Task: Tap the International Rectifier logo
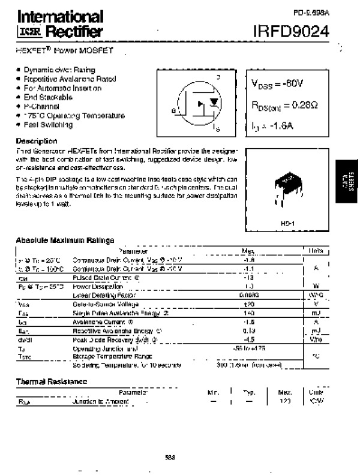(x=59, y=24)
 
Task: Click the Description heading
(x=37, y=140)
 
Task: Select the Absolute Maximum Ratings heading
(x=65, y=240)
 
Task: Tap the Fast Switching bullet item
(x=48, y=125)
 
